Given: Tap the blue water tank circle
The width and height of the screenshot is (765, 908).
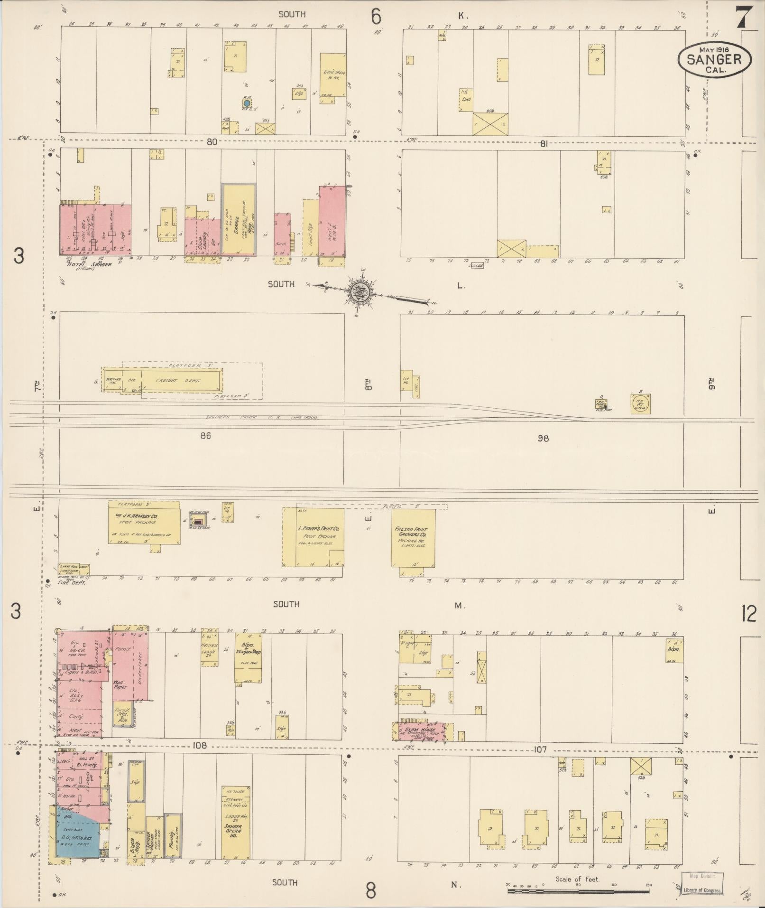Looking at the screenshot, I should pyautogui.click(x=247, y=103).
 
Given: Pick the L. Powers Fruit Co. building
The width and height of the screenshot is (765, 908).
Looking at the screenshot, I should pyautogui.click(x=314, y=537).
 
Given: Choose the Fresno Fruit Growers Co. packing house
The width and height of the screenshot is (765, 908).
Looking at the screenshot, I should pyautogui.click(x=413, y=538).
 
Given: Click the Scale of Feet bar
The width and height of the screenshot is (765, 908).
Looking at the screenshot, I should pyautogui.click(x=578, y=891).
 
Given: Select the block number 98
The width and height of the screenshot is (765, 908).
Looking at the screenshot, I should pyautogui.click(x=543, y=438).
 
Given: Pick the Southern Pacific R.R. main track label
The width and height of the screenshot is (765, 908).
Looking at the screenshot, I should pyautogui.click(x=261, y=417).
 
